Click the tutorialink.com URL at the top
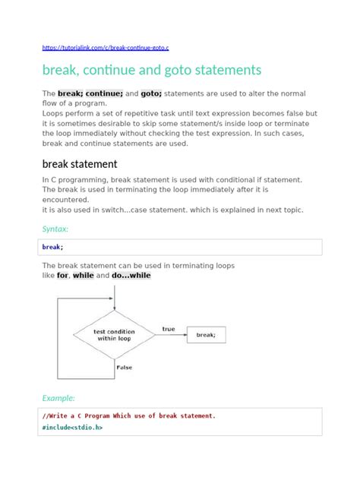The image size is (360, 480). tap(106, 46)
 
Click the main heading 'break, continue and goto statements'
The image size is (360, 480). tap(151, 70)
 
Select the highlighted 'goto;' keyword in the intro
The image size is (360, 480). tap(151, 93)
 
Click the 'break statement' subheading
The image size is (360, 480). tap(79, 163)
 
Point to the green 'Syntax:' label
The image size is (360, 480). tap(55, 228)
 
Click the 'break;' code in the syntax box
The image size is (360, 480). tap(52, 247)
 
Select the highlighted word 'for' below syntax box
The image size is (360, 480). tap(62, 276)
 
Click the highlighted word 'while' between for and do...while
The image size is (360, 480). tap(83, 276)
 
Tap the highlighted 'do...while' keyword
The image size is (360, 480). tap(131, 276)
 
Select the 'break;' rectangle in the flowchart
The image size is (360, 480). tap(206, 334)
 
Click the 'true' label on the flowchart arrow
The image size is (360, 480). tap(168, 329)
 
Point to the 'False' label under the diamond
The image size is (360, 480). tap(124, 367)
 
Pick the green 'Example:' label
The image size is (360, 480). tap(58, 397)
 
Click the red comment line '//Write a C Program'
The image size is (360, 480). tap(129, 415)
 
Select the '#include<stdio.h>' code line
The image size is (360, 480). tap(72, 428)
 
